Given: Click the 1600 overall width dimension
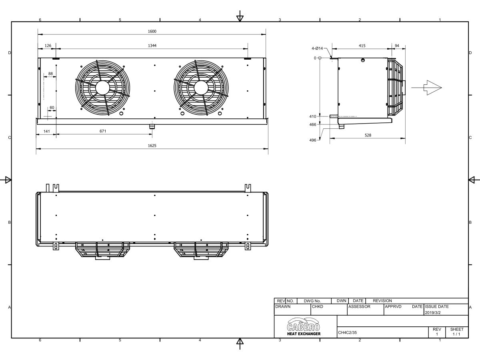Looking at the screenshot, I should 152,31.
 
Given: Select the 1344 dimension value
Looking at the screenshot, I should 152,46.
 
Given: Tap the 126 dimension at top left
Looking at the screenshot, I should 48,46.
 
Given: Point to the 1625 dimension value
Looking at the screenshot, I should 152,146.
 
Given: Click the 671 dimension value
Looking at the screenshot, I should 103,131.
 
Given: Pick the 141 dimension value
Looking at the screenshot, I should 46,131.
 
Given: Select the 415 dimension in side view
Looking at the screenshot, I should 362,46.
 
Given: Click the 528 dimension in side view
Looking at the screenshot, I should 368,136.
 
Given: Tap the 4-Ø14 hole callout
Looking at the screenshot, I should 317,48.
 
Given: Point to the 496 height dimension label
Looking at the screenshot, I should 312,140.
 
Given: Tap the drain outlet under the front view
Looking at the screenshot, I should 152,127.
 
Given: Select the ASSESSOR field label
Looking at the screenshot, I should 360,307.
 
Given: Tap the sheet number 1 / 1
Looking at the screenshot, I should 456,334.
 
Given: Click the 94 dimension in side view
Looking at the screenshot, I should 397,46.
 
